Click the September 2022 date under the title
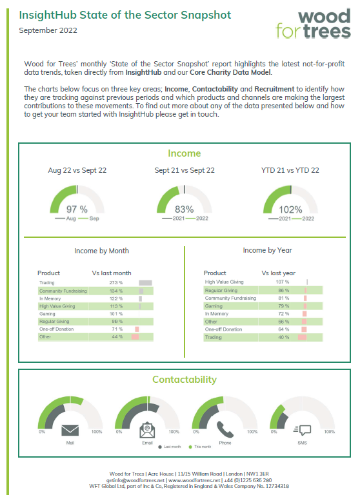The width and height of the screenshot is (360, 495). coord(48,30)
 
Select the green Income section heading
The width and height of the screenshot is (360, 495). coord(184,153)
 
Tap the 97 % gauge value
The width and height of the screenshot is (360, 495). coord(77,209)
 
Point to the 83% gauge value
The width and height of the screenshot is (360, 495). coord(184,209)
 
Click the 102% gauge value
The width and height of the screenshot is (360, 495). coord(290,209)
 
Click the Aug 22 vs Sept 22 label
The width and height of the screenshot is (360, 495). coord(77,171)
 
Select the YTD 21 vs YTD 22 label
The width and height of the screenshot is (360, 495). coord(290,171)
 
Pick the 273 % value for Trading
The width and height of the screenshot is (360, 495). coord(116,283)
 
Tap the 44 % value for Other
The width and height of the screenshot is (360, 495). coord(117,336)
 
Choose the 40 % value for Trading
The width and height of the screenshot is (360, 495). coord(283,337)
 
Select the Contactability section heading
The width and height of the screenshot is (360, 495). coord(184,380)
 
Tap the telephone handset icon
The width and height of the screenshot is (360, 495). coord(225,429)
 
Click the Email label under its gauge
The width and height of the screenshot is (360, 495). coord(147,443)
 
